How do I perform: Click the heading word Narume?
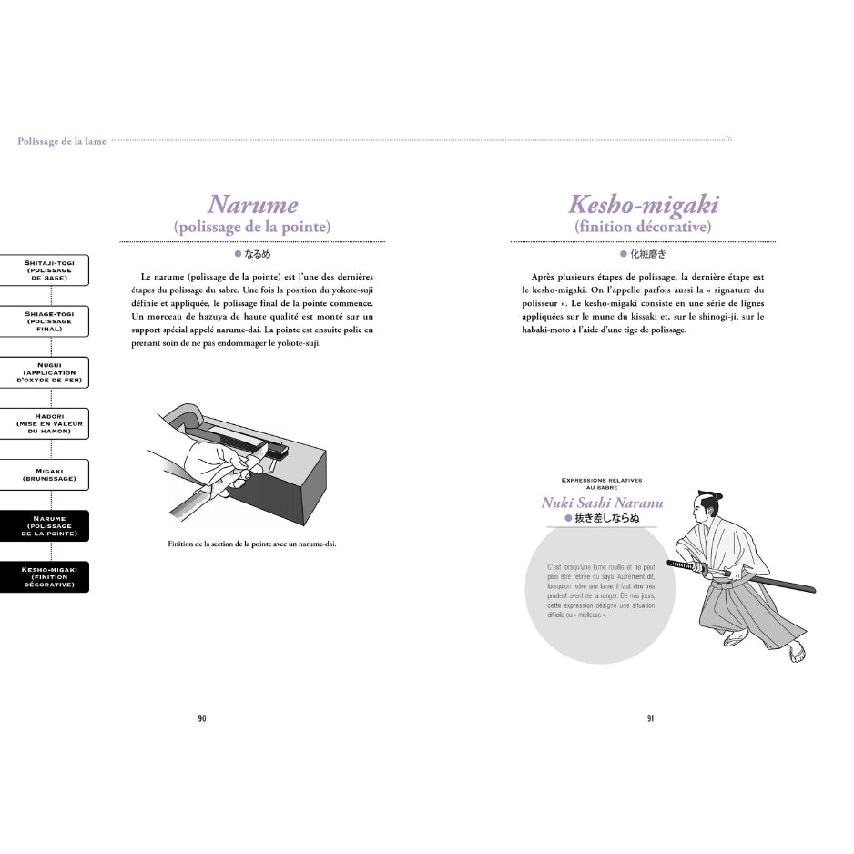click(252, 204)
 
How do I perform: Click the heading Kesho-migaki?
click(643, 204)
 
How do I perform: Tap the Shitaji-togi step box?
click(51, 270)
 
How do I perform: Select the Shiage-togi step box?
click(51, 321)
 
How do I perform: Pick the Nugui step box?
click(51, 372)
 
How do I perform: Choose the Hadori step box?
click(51, 423)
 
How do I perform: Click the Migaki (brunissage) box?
click(51, 474)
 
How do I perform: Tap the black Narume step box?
click(51, 525)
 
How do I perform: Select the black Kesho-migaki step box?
click(51, 576)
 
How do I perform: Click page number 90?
click(202, 718)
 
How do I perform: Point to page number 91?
click(650, 718)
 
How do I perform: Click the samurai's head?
click(709, 503)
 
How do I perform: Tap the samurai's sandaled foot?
click(797, 651)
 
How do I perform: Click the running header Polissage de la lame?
click(62, 141)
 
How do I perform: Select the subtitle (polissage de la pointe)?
click(252, 227)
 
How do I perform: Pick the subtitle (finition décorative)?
click(643, 227)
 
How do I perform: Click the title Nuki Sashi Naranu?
click(602, 503)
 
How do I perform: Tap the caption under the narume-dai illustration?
click(252, 544)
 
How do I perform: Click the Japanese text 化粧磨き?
click(648, 255)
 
